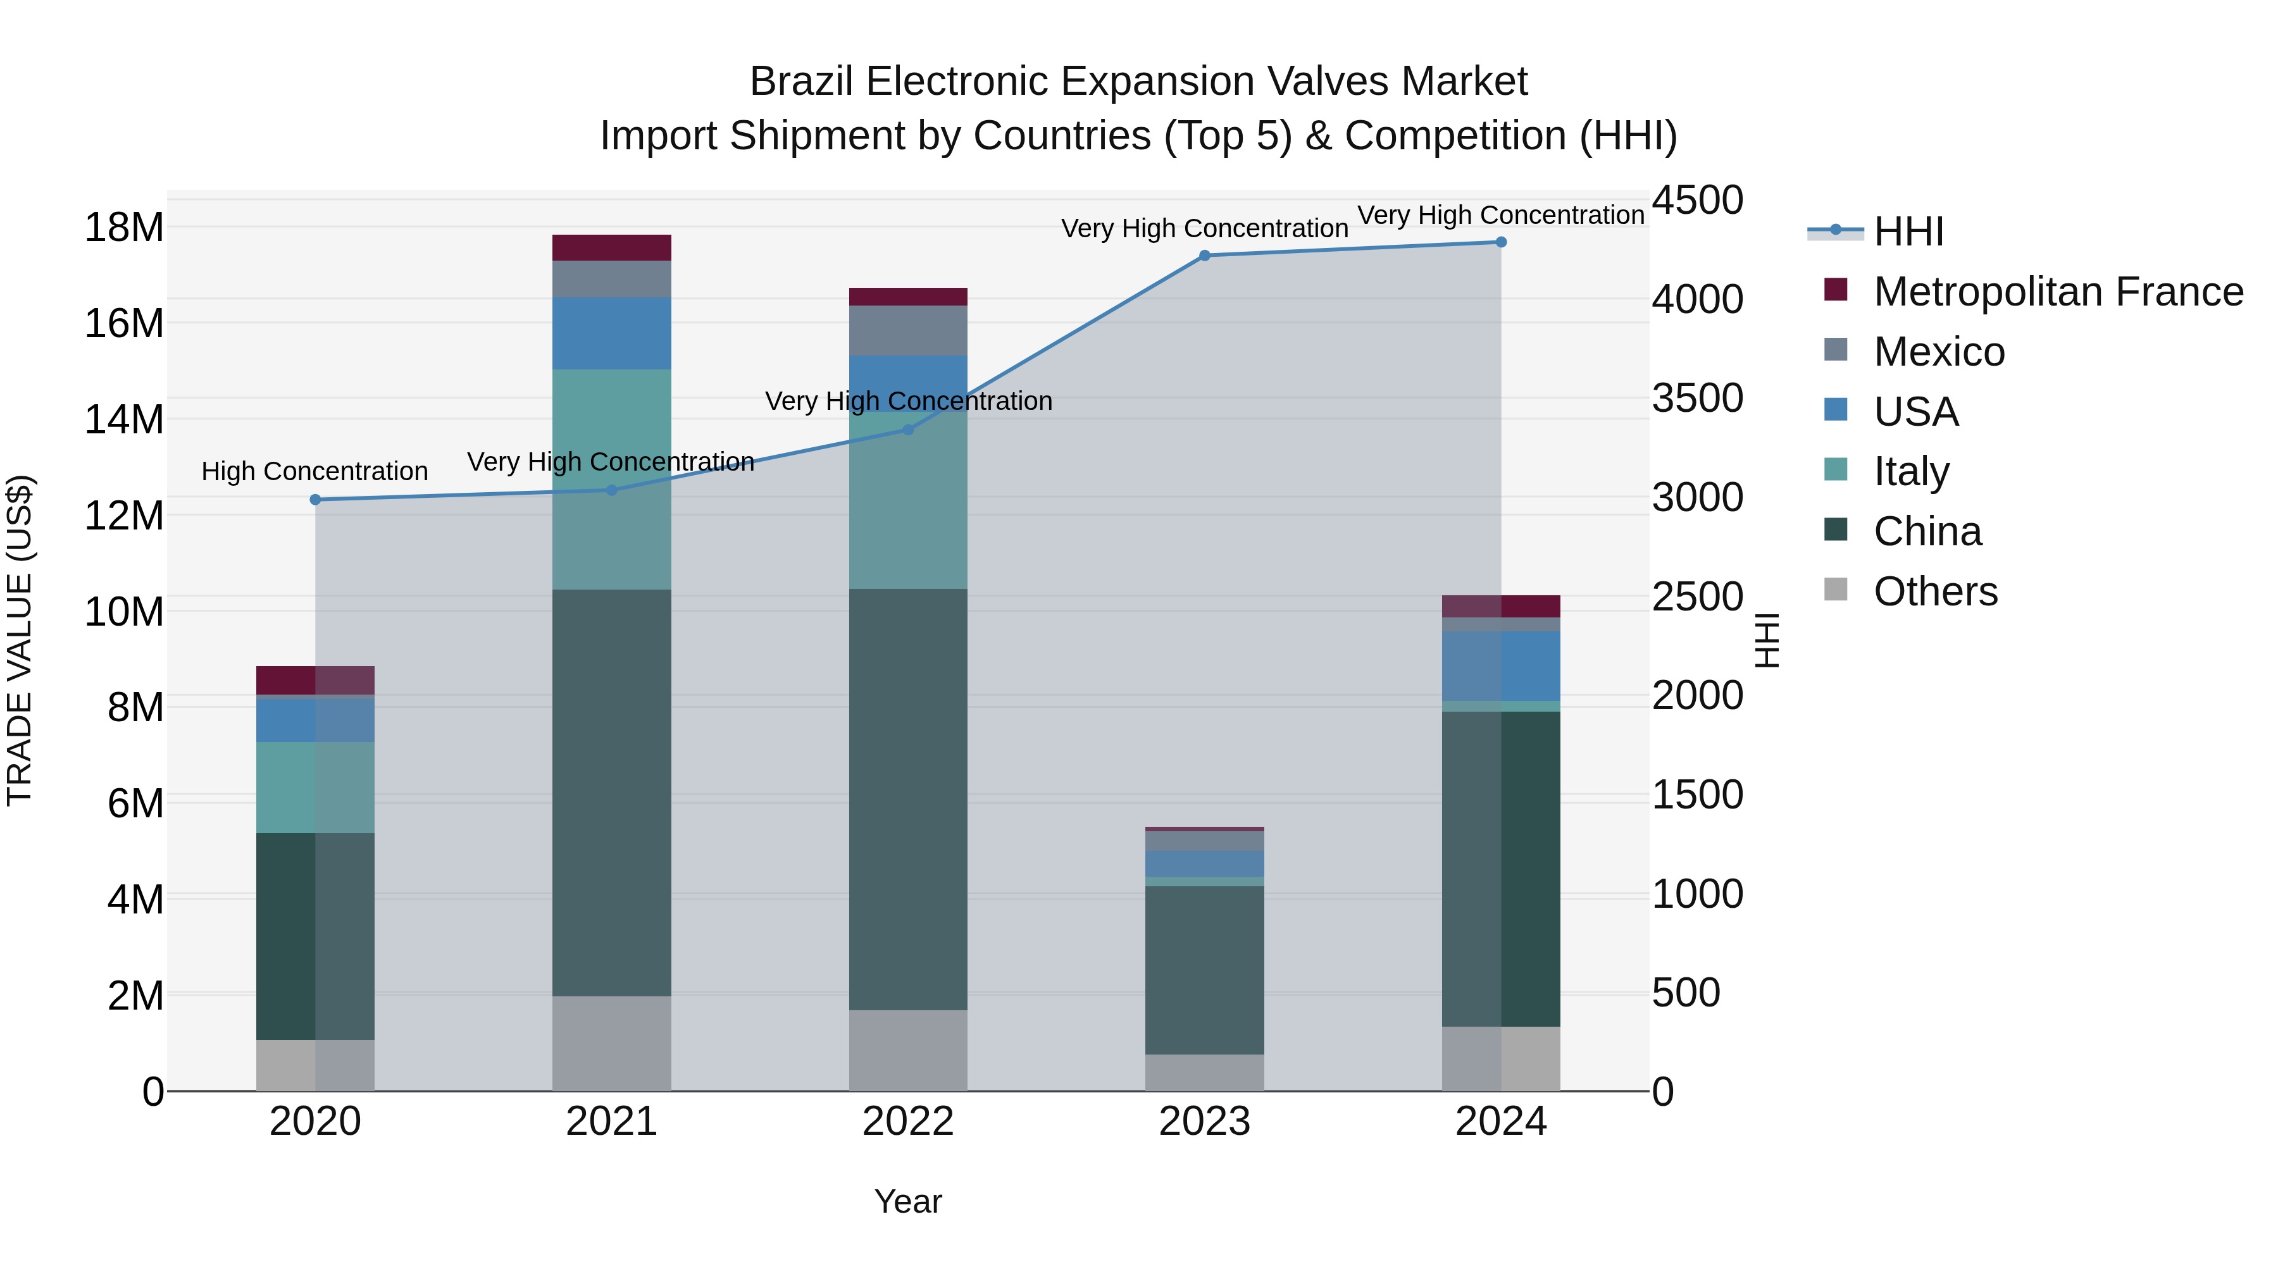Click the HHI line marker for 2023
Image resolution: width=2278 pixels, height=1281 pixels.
click(1204, 256)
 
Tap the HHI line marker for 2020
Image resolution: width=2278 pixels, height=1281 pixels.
click(316, 500)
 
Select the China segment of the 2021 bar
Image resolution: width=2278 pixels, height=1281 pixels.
click(612, 793)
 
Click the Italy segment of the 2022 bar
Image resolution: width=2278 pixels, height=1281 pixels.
click(908, 500)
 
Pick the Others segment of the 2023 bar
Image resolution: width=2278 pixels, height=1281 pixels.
click(1204, 1072)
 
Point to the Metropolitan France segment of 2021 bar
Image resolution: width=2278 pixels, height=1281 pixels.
click(612, 247)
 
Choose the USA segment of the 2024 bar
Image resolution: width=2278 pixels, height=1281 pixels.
click(1501, 665)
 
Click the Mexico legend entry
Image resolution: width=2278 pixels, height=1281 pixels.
click(1938, 352)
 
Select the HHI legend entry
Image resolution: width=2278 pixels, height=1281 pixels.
click(1908, 232)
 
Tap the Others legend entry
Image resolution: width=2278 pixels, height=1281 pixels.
click(1935, 591)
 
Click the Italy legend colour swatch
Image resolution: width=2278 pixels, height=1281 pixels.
click(1836, 469)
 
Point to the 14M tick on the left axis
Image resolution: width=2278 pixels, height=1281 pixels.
click(124, 419)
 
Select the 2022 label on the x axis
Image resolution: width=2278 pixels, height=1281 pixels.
click(908, 1122)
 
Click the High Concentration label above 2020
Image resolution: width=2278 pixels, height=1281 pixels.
click(315, 471)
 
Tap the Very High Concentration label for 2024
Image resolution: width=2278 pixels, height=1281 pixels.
click(1501, 215)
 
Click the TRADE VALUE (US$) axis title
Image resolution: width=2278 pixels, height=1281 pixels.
click(20, 640)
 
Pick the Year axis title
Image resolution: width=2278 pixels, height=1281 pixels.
click(908, 1201)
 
